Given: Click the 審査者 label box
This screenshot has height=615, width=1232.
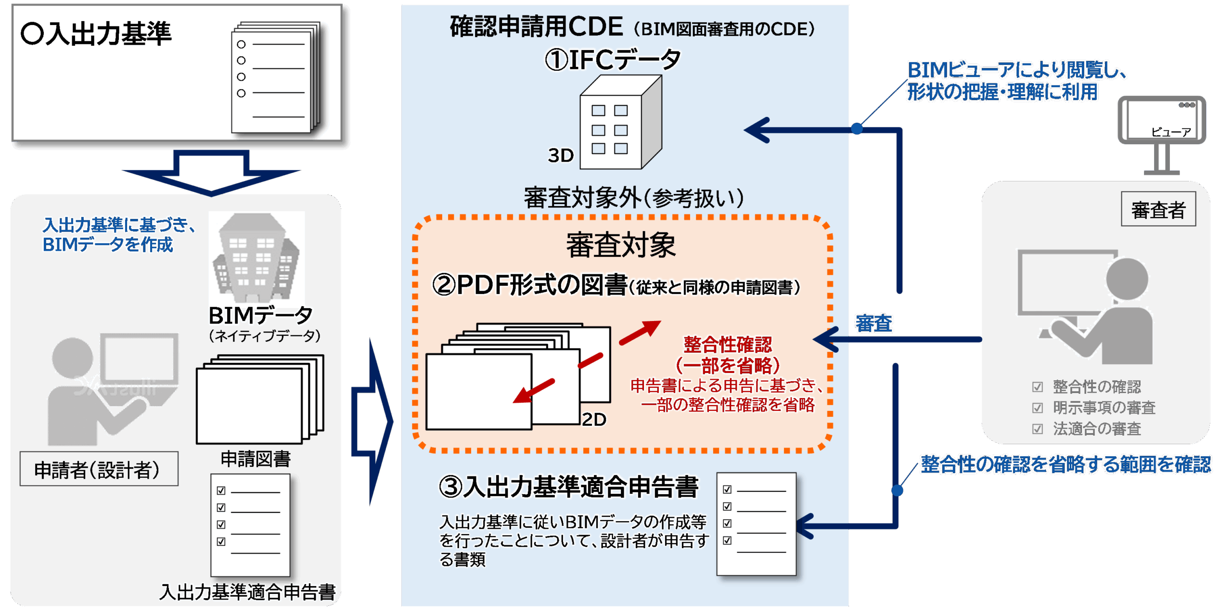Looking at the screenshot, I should click(x=1158, y=209).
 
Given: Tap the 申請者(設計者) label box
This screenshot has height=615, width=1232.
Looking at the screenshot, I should click(x=99, y=469).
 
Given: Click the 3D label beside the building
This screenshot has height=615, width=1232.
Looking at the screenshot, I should click(x=561, y=155).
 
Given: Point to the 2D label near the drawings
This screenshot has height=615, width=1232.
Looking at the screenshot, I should click(x=594, y=420).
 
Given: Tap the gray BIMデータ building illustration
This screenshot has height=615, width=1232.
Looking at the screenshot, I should click(x=257, y=257).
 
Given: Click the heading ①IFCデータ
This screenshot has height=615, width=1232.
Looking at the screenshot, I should click(x=613, y=60).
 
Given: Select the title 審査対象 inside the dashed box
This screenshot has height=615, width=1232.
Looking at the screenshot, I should click(x=621, y=245).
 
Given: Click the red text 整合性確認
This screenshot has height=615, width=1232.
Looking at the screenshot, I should click(x=727, y=345).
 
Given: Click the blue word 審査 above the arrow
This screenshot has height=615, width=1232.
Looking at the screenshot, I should click(x=874, y=323).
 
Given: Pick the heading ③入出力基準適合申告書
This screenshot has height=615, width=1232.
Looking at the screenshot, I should click(x=568, y=487).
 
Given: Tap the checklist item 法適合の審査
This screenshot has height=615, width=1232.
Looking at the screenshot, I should click(x=1096, y=428).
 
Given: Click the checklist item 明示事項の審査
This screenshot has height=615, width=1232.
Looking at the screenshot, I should click(x=1104, y=408).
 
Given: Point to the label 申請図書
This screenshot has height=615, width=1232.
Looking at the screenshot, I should click(x=256, y=459).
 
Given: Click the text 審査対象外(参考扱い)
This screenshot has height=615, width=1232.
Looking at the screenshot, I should click(x=633, y=198).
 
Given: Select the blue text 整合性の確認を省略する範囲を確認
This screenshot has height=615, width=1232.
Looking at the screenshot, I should click(x=1065, y=464).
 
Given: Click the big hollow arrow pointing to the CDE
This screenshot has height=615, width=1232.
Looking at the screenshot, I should click(x=373, y=421).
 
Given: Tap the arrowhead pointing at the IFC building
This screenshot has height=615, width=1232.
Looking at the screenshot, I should click(x=759, y=130).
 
